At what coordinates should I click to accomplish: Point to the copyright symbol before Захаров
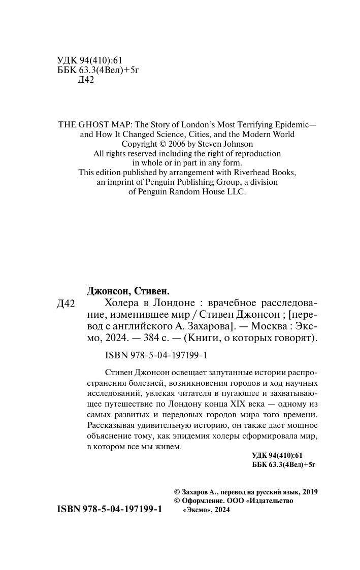(177, 492)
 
